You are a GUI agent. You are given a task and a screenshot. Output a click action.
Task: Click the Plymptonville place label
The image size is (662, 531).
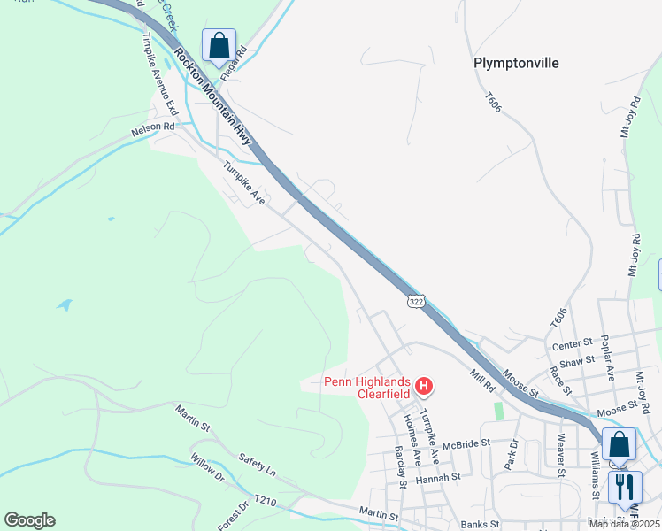[x=518, y=63]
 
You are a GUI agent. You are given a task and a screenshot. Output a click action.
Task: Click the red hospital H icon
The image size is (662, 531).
[x=424, y=386]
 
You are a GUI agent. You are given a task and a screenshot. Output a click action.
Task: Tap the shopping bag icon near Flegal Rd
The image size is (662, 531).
[x=219, y=45]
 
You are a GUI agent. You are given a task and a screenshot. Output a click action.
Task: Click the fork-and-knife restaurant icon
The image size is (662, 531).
[x=625, y=487]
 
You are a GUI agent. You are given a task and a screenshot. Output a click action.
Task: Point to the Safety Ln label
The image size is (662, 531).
[x=258, y=461]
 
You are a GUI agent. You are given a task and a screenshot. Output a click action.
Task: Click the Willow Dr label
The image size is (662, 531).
[x=208, y=473]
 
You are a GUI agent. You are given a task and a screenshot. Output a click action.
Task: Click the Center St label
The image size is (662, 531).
[x=573, y=343]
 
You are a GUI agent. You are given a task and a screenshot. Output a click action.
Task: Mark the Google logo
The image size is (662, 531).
[x=29, y=520]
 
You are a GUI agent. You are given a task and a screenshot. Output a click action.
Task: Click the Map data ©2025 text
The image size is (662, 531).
[x=624, y=524]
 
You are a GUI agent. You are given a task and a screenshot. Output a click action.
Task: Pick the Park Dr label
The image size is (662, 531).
[x=511, y=453]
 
